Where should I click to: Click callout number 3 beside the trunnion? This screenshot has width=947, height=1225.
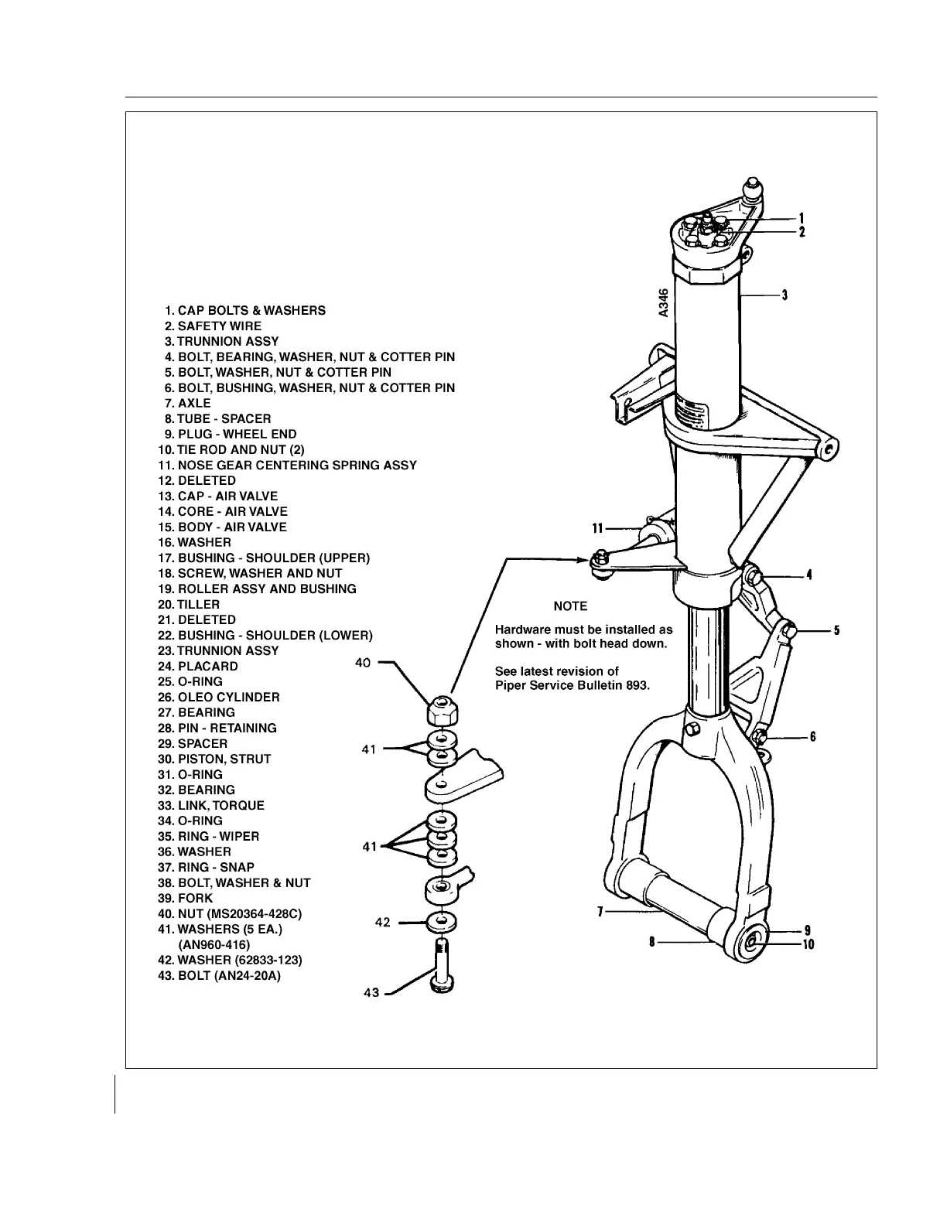(785, 295)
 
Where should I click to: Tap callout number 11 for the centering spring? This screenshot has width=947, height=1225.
(597, 529)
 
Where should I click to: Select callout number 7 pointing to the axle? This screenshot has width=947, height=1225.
(600, 913)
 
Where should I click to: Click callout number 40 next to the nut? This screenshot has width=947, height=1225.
(363, 663)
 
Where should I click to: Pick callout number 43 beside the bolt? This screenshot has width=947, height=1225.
(371, 993)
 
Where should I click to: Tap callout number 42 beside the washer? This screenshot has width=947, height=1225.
(382, 923)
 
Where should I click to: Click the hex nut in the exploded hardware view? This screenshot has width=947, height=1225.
(441, 711)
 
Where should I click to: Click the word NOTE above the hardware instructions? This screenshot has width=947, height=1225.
(570, 606)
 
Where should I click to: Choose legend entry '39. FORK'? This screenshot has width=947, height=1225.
(185, 898)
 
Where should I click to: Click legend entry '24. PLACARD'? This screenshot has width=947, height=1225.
(197, 666)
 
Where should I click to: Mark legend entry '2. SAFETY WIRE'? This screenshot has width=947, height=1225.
(213, 326)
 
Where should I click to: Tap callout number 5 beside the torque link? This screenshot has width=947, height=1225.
(837, 630)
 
